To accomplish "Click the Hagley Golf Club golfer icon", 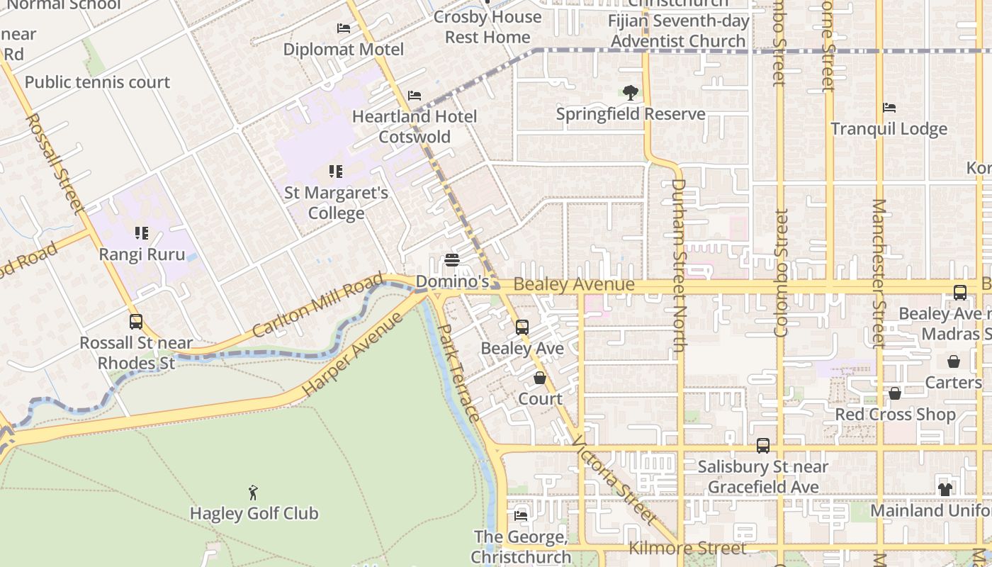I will click(x=253, y=492).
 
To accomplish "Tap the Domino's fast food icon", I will click(x=452, y=260).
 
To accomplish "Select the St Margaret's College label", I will click(x=336, y=203).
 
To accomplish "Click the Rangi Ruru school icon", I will click(x=141, y=233).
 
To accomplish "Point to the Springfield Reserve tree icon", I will click(x=630, y=93).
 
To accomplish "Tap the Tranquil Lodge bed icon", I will click(x=889, y=108).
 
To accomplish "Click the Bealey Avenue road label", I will click(x=573, y=285).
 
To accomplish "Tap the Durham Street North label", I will click(x=679, y=265).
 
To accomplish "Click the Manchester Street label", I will click(x=879, y=273).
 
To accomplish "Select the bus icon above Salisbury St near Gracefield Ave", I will click(x=762, y=446).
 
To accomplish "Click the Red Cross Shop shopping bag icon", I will click(x=895, y=393).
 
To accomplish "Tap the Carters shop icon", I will click(x=954, y=361).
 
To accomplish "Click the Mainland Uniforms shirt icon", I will click(x=945, y=489).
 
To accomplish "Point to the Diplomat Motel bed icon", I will click(x=344, y=28).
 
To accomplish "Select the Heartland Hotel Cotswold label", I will click(x=415, y=126).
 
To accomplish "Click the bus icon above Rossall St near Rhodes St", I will click(x=136, y=322).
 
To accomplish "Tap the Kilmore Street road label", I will click(x=687, y=548).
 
